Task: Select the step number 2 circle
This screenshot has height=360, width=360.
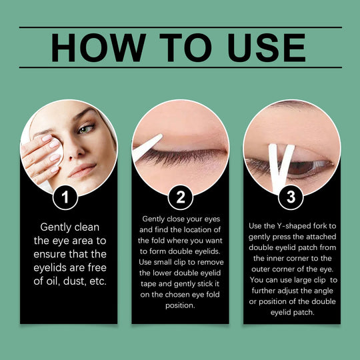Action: [x=180, y=197]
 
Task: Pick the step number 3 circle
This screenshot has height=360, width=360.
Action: [x=291, y=197]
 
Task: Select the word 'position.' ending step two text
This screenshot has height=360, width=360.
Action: [x=180, y=306]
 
